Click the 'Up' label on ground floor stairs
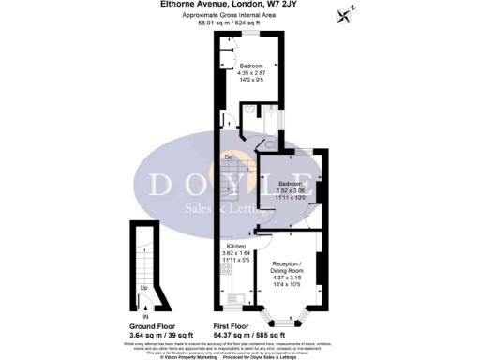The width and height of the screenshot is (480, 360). pyautogui.click(x=143, y=287)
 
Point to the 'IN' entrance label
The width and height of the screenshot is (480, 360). pyautogui.click(x=143, y=302)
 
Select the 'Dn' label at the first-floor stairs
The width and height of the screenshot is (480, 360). pyautogui.click(x=228, y=156)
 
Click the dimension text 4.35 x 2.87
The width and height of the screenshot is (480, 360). pyautogui.click(x=251, y=73)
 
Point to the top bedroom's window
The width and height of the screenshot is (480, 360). pyautogui.click(x=251, y=34)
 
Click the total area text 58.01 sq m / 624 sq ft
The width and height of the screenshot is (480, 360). pyautogui.click(x=233, y=23)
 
